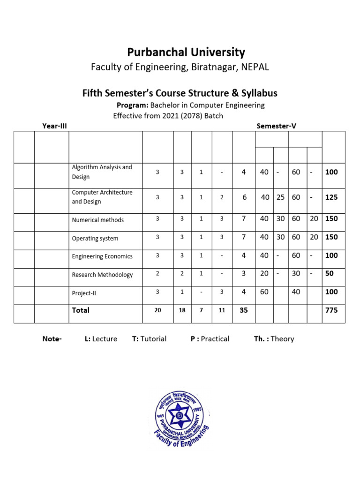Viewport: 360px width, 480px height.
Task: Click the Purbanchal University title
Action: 186,52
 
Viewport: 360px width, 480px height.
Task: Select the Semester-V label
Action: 276,126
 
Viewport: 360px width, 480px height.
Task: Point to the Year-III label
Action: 55,126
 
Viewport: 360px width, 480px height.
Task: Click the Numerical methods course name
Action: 98,220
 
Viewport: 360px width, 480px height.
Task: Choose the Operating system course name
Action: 95,239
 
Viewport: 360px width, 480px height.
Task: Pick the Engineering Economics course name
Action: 102,256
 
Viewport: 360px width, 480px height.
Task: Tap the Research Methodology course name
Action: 102,275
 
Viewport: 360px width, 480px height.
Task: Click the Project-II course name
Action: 84,293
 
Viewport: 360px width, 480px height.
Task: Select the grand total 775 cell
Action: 332,310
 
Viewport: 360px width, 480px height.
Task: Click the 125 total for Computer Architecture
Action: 332,197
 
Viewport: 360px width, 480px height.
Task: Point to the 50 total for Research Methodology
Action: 330,273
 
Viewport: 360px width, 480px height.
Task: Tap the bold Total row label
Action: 81,310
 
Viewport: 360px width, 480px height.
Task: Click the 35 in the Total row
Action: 244,310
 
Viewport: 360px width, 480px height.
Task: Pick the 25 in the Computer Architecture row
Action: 280,197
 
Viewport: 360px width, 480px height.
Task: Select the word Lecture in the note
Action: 105,339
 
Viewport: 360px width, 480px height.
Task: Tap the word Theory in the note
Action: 282,339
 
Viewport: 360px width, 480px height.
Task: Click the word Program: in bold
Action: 133,105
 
